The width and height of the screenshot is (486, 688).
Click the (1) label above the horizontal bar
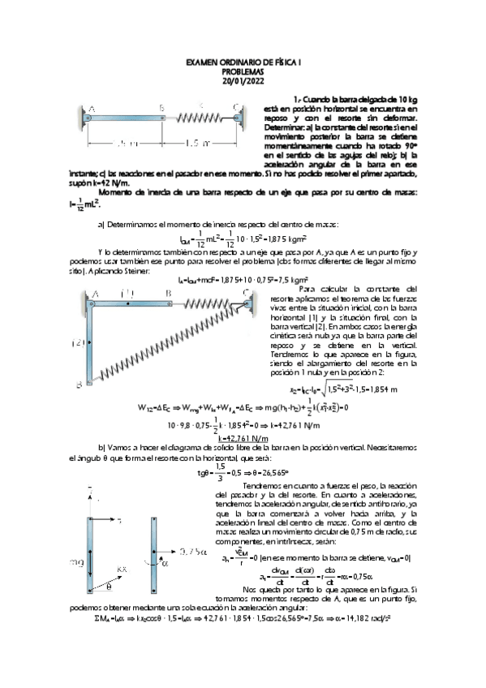pyautogui.click(x=126, y=293)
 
